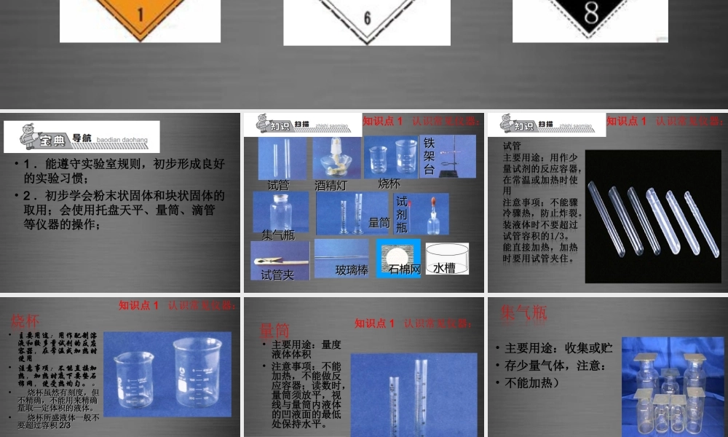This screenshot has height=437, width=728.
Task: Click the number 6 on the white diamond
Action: click(367, 17)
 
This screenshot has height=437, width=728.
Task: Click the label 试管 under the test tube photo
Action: click(278, 185)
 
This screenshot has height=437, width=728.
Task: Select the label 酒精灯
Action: click(331, 186)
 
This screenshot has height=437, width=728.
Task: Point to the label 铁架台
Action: click(430, 156)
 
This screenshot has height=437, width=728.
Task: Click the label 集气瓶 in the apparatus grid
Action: click(278, 235)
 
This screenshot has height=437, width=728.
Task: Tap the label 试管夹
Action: click(277, 275)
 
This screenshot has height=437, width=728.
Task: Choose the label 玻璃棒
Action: click(352, 270)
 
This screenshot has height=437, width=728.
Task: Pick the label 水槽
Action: click(444, 268)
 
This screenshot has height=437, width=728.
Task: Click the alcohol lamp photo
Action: click(336, 158)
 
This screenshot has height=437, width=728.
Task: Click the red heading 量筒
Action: click(275, 331)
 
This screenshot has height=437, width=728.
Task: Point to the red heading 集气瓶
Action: click(523, 313)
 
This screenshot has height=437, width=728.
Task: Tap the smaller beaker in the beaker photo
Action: click(135, 379)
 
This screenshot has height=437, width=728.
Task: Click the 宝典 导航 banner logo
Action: click(82, 137)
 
